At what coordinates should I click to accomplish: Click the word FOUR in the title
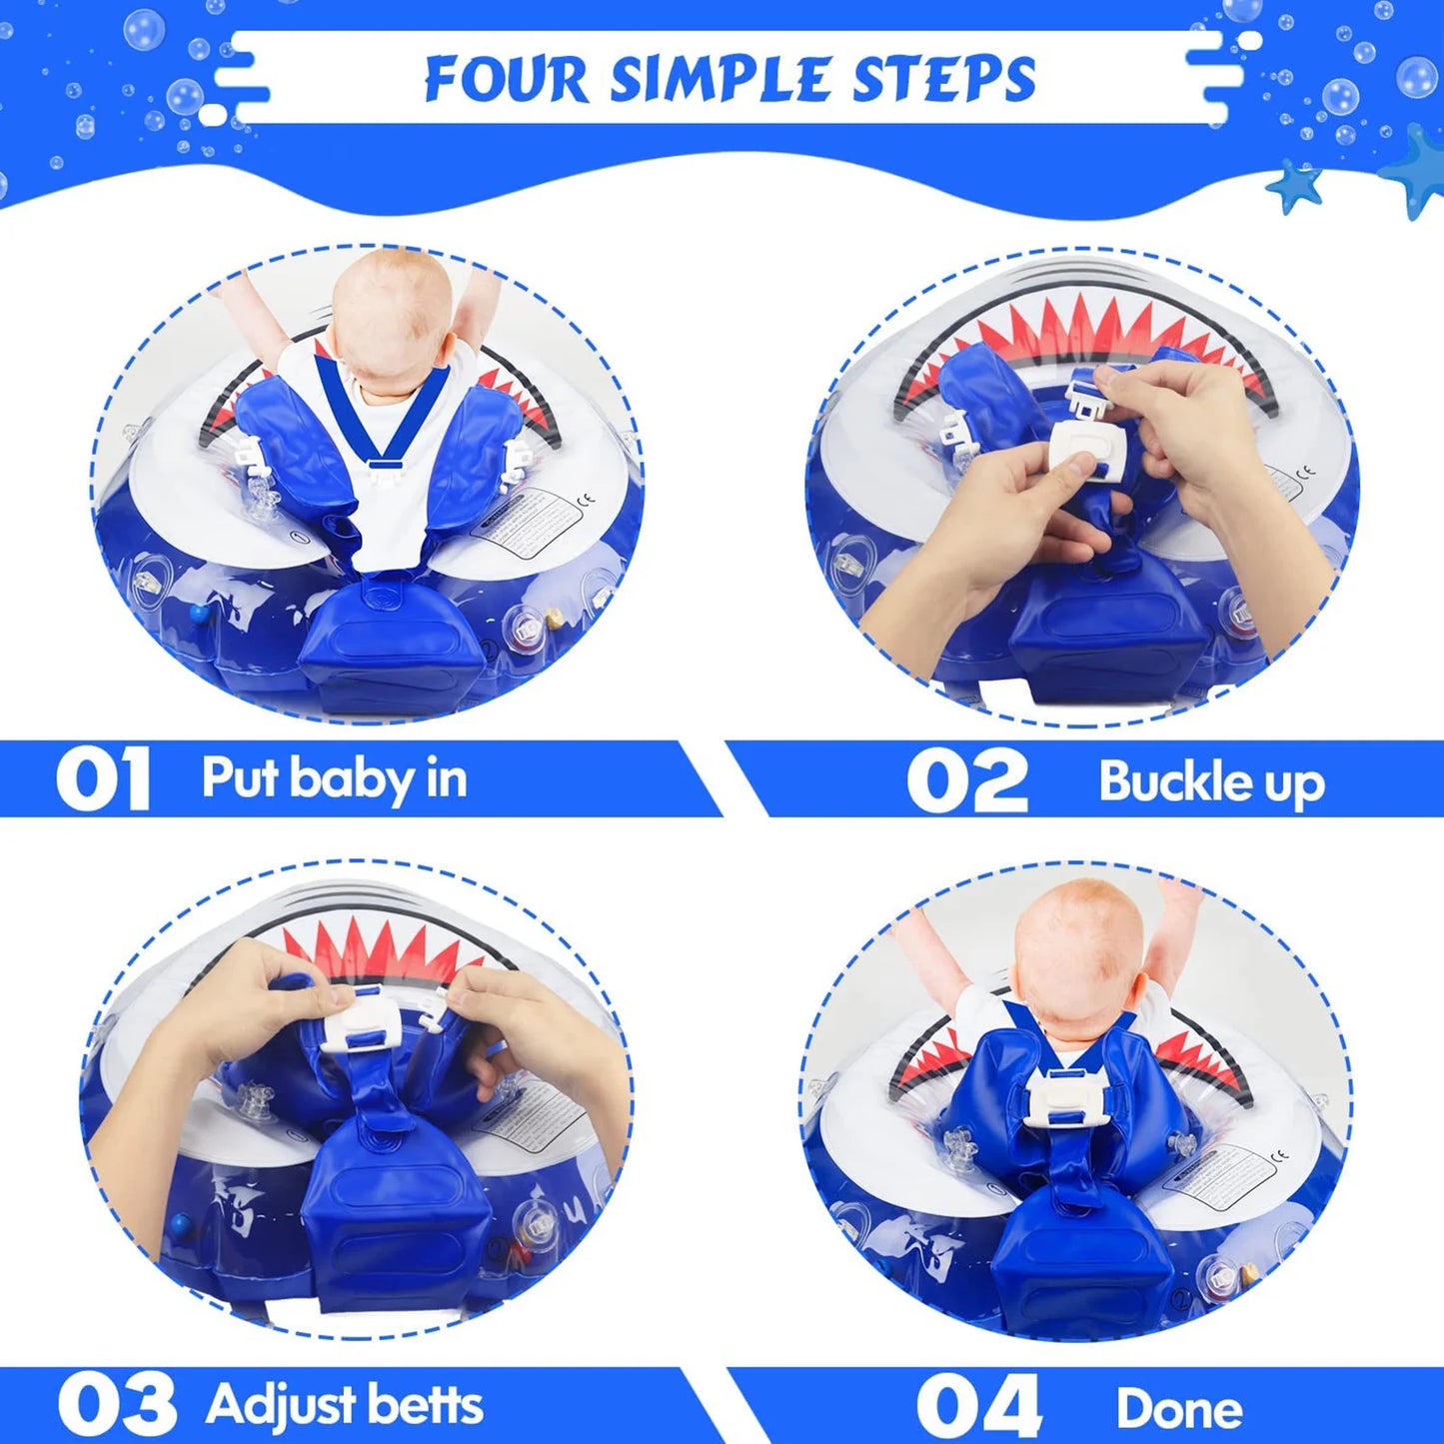[x=507, y=78]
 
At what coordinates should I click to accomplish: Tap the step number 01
[x=103, y=779]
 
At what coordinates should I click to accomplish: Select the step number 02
[x=966, y=781]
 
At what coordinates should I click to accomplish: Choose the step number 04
[x=978, y=1407]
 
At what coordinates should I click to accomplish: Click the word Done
[x=1179, y=1409]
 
